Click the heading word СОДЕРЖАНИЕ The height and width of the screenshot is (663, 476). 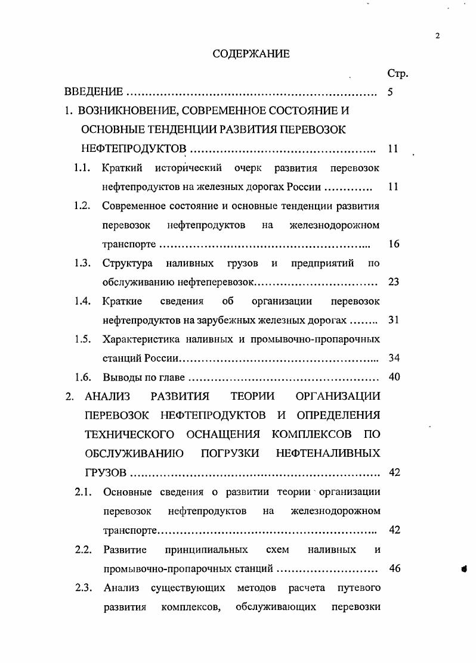(251, 54)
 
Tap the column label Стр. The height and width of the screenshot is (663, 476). (397, 74)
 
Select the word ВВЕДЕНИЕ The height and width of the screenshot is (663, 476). (94, 92)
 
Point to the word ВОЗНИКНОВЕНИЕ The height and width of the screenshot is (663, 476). (119, 111)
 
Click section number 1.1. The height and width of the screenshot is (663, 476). (82, 168)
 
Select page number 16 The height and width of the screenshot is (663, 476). (393, 244)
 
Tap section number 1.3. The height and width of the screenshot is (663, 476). (82, 263)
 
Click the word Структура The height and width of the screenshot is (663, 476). (127, 263)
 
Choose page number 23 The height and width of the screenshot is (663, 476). (393, 282)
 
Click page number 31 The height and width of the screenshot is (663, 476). (393, 320)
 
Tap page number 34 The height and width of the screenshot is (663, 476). (393, 358)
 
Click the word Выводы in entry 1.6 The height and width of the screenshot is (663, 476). (121, 377)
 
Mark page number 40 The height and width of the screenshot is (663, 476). (393, 377)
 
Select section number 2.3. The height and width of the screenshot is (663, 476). (83, 588)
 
